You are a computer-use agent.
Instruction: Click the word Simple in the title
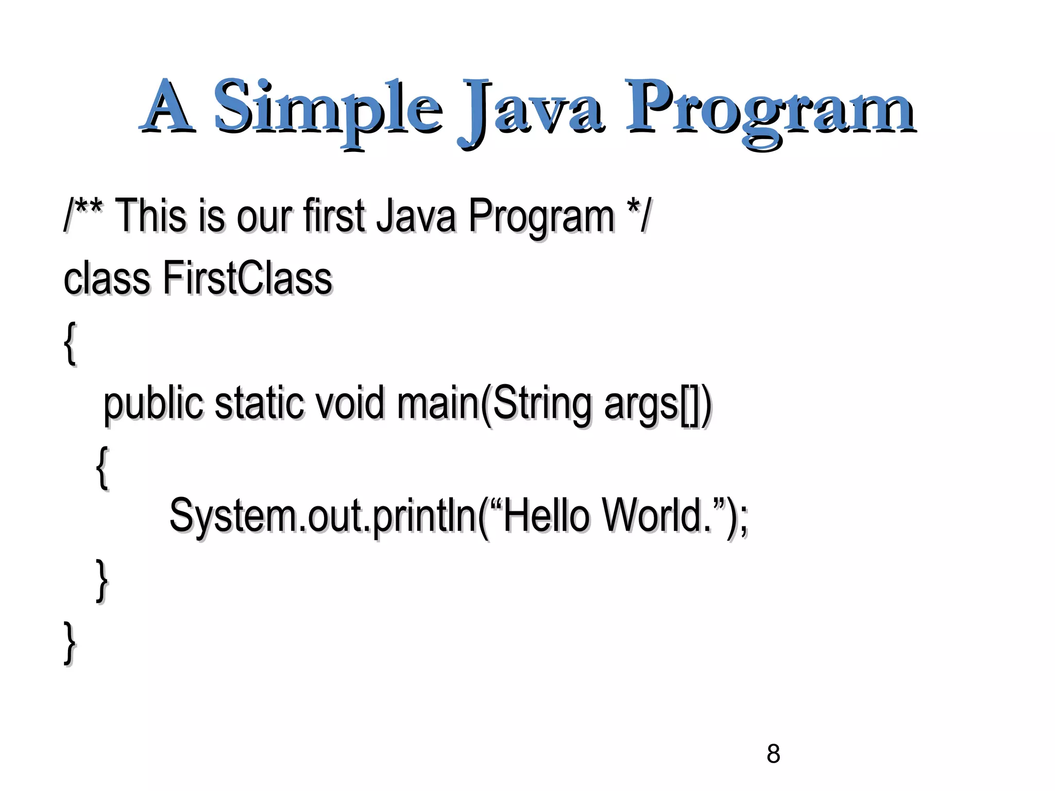[328, 108]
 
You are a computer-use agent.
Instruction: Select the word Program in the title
[770, 108]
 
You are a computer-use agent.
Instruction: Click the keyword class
[107, 278]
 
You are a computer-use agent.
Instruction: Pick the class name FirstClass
[247, 278]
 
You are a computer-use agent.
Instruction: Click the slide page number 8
[773, 754]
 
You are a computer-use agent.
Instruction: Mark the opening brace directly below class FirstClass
[71, 342]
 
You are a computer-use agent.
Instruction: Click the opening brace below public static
[103, 467]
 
